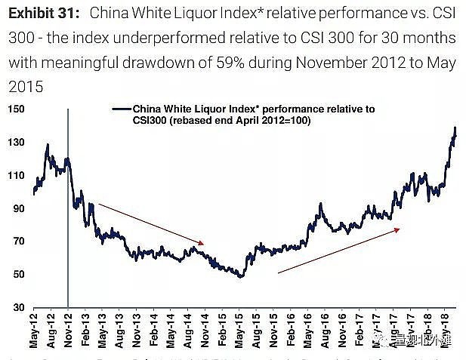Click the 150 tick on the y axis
pyautogui.click(x=14, y=109)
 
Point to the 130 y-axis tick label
pyautogui.click(x=14, y=143)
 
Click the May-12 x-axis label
pyautogui.click(x=34, y=332)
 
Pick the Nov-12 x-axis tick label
pyautogui.click(x=68, y=332)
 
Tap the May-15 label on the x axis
pyautogui.click(x=241, y=332)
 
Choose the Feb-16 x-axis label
pyautogui.click(x=292, y=332)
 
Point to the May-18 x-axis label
pyautogui.click(x=447, y=332)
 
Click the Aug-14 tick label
pyautogui.click(x=189, y=332)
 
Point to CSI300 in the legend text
pyautogui.click(x=151, y=121)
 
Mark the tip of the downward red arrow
pyautogui.click(x=205, y=243)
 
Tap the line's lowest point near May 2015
pyautogui.click(x=241, y=277)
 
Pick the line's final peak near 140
pyautogui.click(x=455, y=128)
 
